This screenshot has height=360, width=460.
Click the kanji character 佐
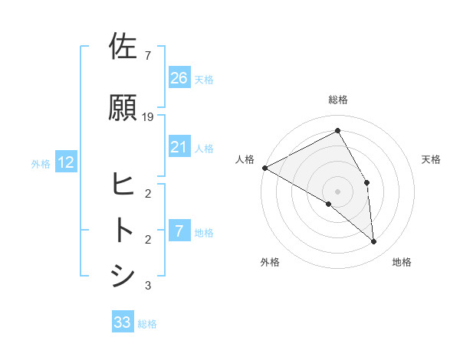pyautogui.click(x=124, y=47)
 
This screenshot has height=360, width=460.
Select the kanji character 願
pyautogui.click(x=124, y=108)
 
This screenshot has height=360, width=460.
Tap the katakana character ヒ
pyautogui.click(x=123, y=184)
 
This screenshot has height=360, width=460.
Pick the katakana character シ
pyautogui.click(x=123, y=276)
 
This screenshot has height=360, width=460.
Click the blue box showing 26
pyautogui.click(x=179, y=77)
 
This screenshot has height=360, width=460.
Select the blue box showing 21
pyautogui.click(x=179, y=147)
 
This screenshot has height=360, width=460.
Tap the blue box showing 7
pyautogui.click(x=179, y=231)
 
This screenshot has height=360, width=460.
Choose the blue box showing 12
pyautogui.click(x=65, y=162)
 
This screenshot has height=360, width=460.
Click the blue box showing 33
pyautogui.click(x=123, y=322)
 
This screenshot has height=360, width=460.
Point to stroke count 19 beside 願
pyautogui.click(x=148, y=116)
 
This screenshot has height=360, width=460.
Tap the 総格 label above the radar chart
pyautogui.click(x=337, y=100)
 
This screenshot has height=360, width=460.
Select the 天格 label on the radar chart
pyautogui.click(x=431, y=159)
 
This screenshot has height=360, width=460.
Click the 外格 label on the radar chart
pyautogui.click(x=270, y=262)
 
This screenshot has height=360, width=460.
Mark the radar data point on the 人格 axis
pyautogui.click(x=264, y=168)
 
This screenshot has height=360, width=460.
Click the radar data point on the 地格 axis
pyautogui.click(x=373, y=241)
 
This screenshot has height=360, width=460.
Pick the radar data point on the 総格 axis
pyautogui.click(x=337, y=132)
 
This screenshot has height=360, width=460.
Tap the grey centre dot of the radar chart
pyautogui.click(x=337, y=191)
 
